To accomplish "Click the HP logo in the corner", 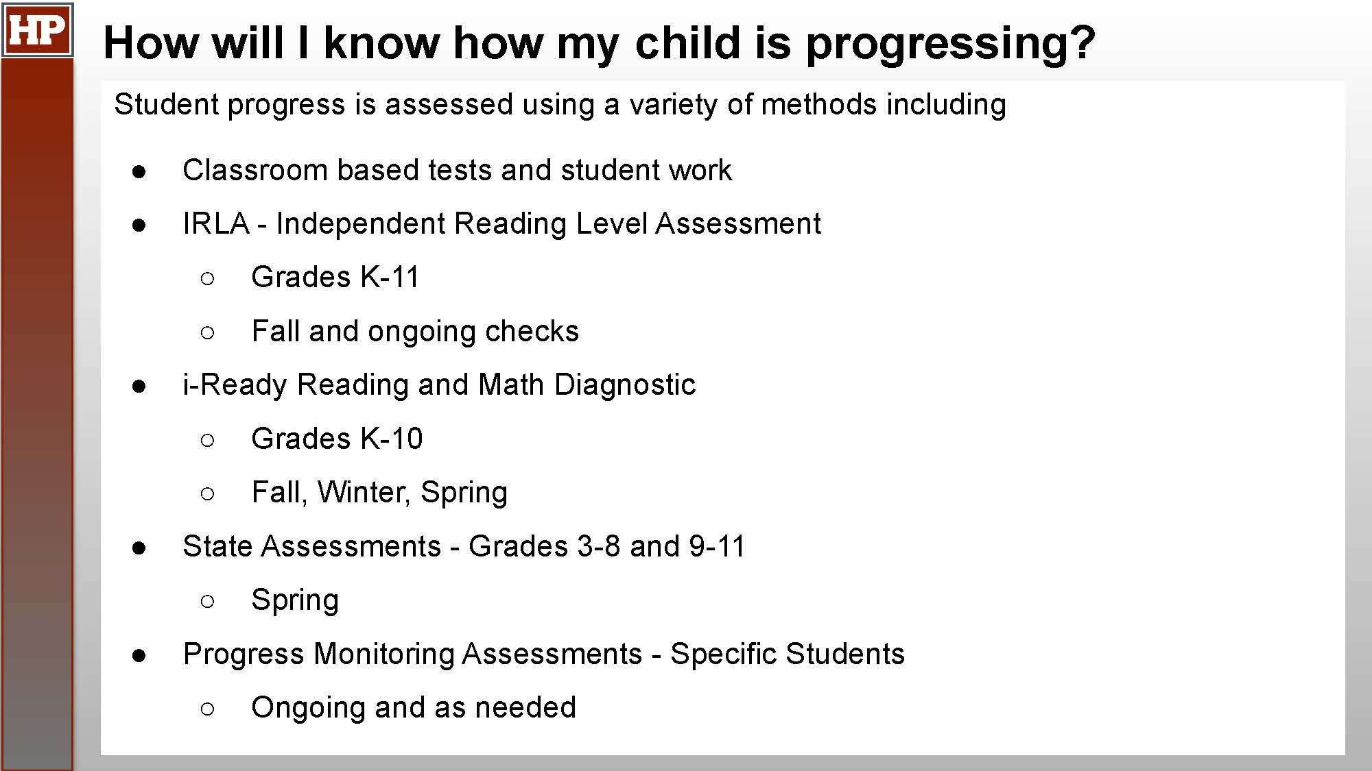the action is tap(37, 29).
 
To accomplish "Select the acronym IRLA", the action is tap(216, 223).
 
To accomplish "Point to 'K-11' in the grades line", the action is tap(390, 277).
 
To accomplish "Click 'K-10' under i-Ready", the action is tap(392, 439).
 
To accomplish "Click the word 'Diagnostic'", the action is tap(625, 384).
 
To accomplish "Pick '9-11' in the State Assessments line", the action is tap(717, 546).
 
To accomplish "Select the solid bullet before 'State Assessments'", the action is tap(139, 548).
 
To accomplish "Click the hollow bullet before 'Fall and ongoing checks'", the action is tap(208, 333).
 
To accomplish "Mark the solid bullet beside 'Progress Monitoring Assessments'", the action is tap(139, 656).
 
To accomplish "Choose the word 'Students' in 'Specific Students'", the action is tap(845, 654).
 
